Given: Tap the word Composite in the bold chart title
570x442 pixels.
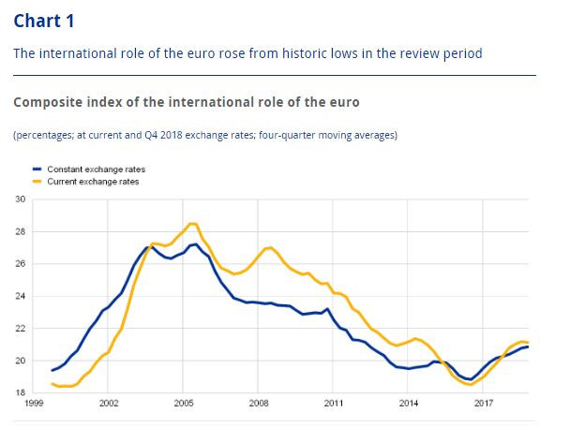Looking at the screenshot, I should pos(48,101).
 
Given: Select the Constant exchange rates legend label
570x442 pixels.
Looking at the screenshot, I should pos(96,169).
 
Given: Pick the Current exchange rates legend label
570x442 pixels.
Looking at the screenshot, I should pos(92,181).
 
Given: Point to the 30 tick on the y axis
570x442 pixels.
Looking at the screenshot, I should pos(20,199).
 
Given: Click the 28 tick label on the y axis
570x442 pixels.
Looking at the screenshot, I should pos(20,231).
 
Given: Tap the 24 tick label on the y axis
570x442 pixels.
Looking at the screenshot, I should pos(20,296).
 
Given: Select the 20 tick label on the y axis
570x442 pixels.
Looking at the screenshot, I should pos(20,361).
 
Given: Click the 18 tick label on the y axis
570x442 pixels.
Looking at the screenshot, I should pos(20,392).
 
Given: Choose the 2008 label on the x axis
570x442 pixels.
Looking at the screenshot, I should pos(258,405).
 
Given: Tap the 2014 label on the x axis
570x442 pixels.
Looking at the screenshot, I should pos(409,405).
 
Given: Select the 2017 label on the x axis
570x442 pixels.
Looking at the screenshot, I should pos(484,405).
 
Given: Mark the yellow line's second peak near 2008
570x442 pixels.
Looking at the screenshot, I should pos(269,247).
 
